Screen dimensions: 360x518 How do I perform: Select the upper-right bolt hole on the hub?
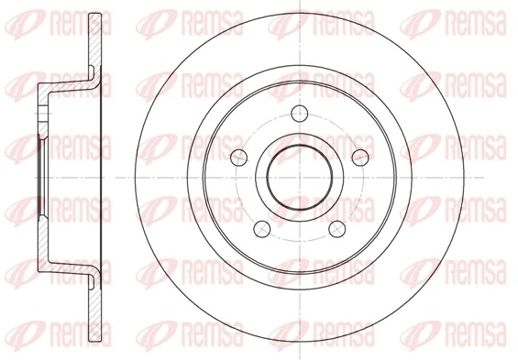tap(360, 156)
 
